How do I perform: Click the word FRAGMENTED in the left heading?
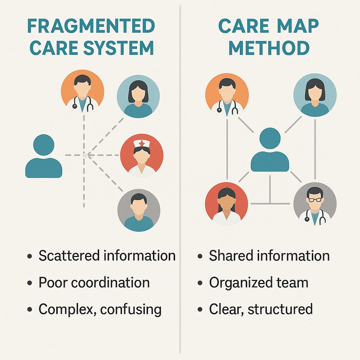pos(91,26)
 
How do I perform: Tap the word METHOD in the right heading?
pos(269,48)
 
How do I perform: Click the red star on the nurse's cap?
pos(141,143)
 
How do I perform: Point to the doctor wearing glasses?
pos(315,204)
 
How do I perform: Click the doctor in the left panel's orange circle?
pos(83,91)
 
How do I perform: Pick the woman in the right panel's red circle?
pos(226,204)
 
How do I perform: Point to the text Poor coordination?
pos(94,283)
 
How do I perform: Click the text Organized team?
pos(258,283)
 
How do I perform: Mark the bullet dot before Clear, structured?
pos(200,310)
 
